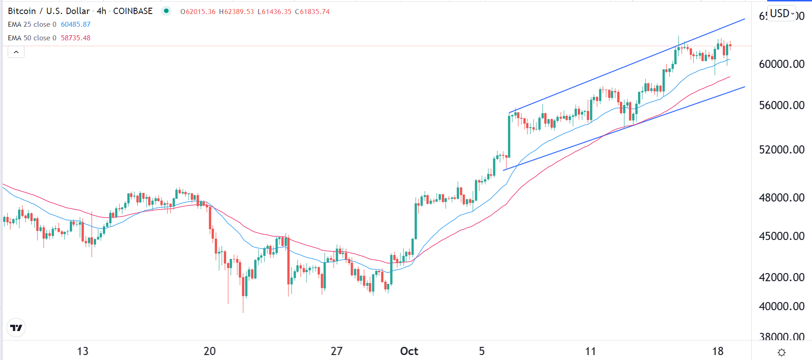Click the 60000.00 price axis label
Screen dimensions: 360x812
pyautogui.click(x=781, y=64)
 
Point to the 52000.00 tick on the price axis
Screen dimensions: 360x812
pyautogui.click(x=781, y=150)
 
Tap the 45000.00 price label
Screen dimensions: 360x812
pyautogui.click(x=781, y=236)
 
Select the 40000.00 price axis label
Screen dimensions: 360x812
pyautogui.click(x=781, y=307)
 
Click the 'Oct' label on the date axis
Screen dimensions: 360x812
pyautogui.click(x=409, y=351)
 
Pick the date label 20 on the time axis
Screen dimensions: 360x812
pyautogui.click(x=210, y=351)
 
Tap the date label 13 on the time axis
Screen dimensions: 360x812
pyautogui.click(x=82, y=351)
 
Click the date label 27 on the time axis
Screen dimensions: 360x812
pyautogui.click(x=336, y=351)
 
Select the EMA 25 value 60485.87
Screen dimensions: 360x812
pyautogui.click(x=76, y=24)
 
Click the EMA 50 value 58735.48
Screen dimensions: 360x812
pyautogui.click(x=76, y=38)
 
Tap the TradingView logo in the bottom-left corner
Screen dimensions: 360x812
pyautogui.click(x=16, y=328)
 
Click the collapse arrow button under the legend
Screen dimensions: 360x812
pyautogui.click(x=16, y=52)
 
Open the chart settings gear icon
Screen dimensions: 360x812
pyautogui.click(x=781, y=352)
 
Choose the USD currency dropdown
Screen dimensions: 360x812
pyautogui.click(x=782, y=14)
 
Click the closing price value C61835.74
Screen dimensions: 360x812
pyautogui.click(x=312, y=12)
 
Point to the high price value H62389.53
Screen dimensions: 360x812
pyautogui.click(x=236, y=12)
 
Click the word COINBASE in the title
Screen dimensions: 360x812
pyautogui.click(x=133, y=11)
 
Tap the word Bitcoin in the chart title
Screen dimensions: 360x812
pyautogui.click(x=22, y=11)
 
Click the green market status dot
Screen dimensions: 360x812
pyautogui.click(x=166, y=11)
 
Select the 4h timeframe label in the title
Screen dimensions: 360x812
pyautogui.click(x=101, y=11)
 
